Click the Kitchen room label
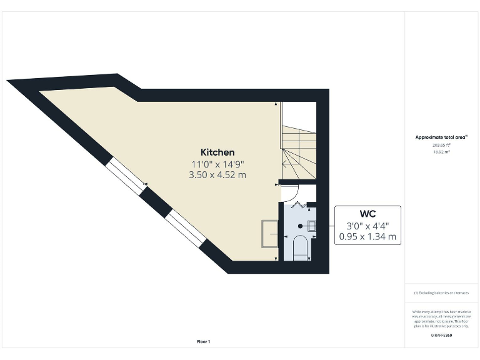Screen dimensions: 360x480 click(x=217, y=152)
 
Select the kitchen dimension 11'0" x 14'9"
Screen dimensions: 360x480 click(x=217, y=164)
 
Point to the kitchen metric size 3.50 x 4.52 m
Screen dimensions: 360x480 click(x=217, y=175)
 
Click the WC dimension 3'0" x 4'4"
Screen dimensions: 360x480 click(x=367, y=226)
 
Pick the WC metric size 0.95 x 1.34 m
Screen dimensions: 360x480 click(x=367, y=237)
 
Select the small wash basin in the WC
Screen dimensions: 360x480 click(x=311, y=226)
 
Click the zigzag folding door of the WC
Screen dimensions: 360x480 click(x=299, y=204)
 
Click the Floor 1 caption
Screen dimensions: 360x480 click(x=203, y=341)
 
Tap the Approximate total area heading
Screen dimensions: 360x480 click(x=441, y=137)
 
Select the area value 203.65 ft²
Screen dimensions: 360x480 click(x=441, y=144)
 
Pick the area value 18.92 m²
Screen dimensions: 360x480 click(x=441, y=151)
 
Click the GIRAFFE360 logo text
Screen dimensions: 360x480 click(x=441, y=336)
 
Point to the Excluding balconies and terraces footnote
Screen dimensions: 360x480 click(x=441, y=292)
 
